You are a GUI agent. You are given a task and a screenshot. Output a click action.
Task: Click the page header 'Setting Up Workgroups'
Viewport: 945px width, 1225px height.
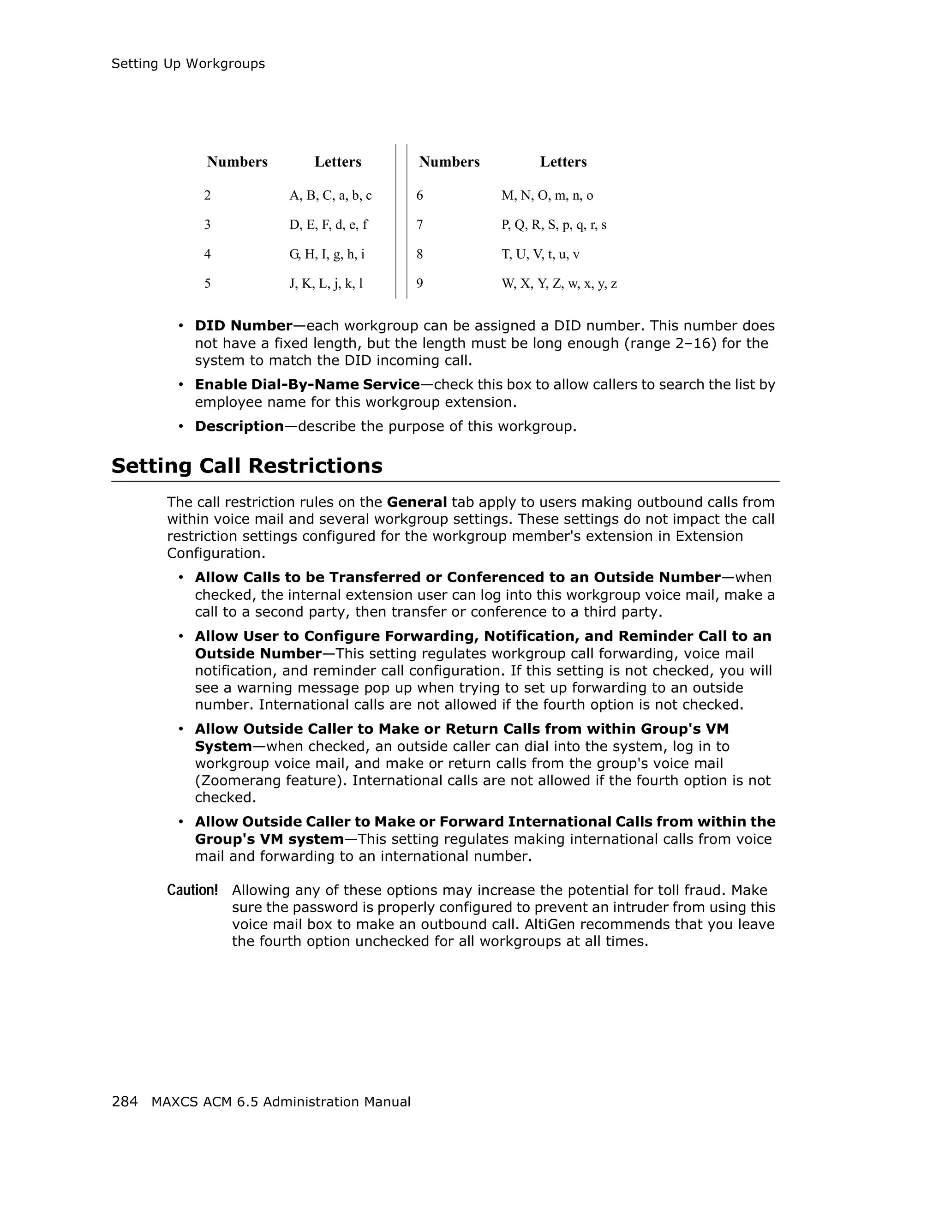click(x=188, y=64)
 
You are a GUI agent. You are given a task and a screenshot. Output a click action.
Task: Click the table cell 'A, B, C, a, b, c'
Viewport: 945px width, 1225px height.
click(x=330, y=196)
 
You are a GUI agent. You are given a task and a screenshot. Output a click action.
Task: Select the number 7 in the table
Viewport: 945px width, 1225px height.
click(x=419, y=225)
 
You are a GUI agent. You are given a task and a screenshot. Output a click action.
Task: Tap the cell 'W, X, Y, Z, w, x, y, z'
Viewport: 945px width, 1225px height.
click(x=559, y=284)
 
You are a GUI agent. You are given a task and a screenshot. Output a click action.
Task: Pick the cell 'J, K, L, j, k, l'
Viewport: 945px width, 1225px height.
click(x=326, y=284)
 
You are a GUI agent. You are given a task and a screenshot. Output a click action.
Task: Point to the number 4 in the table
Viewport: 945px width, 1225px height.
click(x=208, y=254)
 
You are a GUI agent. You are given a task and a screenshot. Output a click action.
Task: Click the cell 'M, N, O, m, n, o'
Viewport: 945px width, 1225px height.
click(x=547, y=196)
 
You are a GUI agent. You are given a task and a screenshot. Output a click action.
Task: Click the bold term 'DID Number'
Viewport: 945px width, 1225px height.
click(x=243, y=326)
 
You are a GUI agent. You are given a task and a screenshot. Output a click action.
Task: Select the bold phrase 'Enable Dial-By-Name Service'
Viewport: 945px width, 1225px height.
click(x=307, y=385)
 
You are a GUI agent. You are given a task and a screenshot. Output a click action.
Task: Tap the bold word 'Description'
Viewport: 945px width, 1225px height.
click(x=239, y=426)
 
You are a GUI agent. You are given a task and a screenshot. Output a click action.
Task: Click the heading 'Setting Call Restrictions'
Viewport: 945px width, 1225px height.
click(x=247, y=466)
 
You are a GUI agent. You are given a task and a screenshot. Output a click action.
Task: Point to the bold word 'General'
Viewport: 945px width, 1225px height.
click(x=417, y=502)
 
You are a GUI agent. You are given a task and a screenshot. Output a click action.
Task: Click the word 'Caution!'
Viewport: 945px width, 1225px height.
click(x=192, y=890)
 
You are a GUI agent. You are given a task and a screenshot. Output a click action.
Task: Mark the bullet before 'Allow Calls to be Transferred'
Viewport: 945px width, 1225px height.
click(x=180, y=577)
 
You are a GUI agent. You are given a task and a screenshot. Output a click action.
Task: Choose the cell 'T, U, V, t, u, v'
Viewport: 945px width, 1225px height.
click(x=540, y=255)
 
